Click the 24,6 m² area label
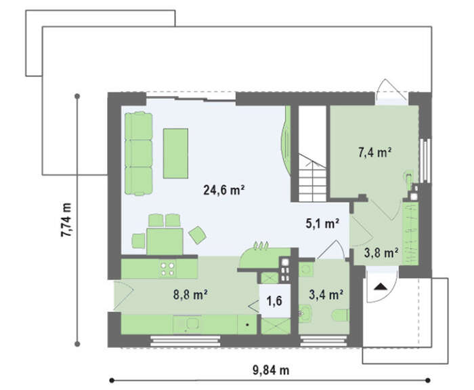click(223, 190)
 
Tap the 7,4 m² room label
click(375, 153)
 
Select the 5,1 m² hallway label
click(322, 224)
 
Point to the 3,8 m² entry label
click(381, 253)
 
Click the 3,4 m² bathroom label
click(326, 294)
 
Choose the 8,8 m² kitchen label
click(190, 294)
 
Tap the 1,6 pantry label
click(274, 300)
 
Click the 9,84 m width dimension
click(271, 370)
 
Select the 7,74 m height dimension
click(66, 220)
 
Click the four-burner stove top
click(167, 269)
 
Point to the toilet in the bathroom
click(341, 315)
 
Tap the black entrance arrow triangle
click(380, 286)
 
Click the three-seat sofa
click(138, 153)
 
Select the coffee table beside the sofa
click(175, 153)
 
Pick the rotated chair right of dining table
click(198, 235)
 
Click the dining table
click(165, 241)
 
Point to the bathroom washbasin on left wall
click(305, 313)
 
